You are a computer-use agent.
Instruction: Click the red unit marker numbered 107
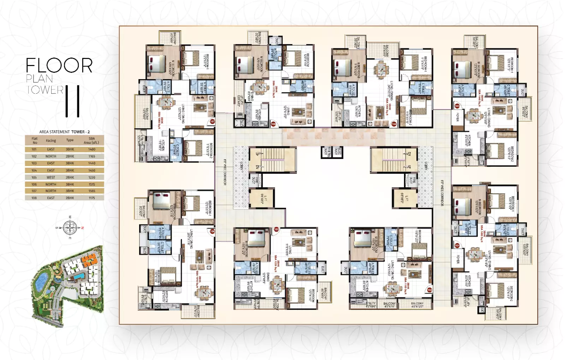(x=212, y=121)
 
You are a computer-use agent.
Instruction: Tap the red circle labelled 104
(x=394, y=124)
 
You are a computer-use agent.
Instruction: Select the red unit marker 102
(x=429, y=290)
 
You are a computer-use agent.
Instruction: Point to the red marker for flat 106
(x=212, y=231)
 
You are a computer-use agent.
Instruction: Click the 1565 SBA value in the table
(x=92, y=191)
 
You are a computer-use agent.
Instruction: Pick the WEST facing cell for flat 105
(x=51, y=177)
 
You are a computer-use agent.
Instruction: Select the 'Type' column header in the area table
(x=70, y=140)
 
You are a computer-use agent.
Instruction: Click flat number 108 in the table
(x=34, y=198)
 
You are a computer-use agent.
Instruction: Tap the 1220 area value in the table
(x=92, y=177)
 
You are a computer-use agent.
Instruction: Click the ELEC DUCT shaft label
(x=338, y=152)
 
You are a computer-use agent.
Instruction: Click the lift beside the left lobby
(x=261, y=198)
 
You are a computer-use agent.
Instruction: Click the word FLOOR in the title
(x=59, y=65)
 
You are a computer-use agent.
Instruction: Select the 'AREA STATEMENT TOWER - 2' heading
(x=65, y=132)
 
